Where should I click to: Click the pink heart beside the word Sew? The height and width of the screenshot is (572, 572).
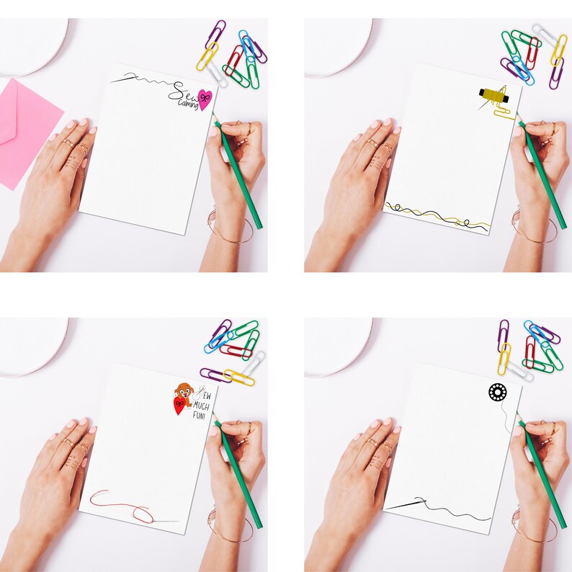pyautogui.click(x=205, y=99)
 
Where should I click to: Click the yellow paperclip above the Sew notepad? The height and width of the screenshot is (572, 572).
pyautogui.click(x=207, y=56)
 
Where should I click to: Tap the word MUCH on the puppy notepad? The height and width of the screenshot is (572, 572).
pyautogui.click(x=200, y=404)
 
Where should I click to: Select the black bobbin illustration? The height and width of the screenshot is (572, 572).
pyautogui.click(x=497, y=393)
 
